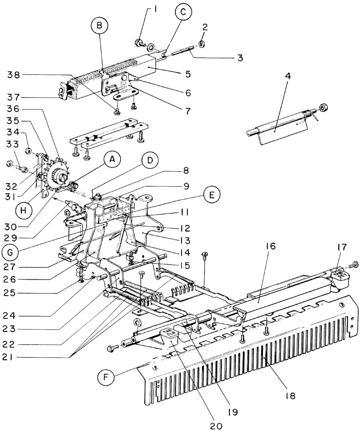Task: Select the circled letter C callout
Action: (x=183, y=12)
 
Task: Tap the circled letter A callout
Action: (x=112, y=161)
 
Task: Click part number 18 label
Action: (x=288, y=395)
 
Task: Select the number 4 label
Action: (x=278, y=77)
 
